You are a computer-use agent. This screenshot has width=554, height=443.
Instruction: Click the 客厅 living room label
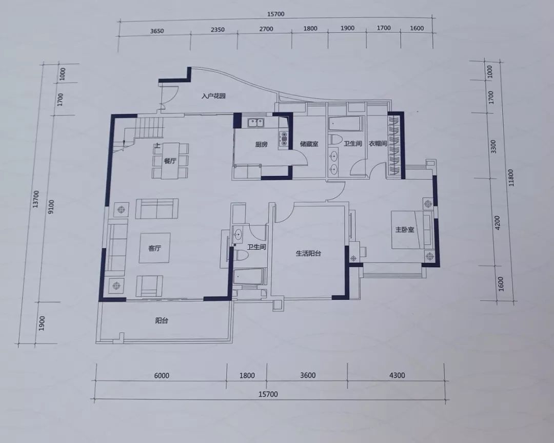[x=154, y=248]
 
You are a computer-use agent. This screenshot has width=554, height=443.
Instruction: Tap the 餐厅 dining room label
[x=170, y=161]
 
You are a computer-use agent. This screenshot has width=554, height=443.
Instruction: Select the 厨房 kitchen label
[x=261, y=144]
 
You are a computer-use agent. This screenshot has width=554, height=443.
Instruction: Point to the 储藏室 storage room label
[x=309, y=144]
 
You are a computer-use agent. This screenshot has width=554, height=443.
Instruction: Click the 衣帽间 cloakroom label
[x=378, y=144]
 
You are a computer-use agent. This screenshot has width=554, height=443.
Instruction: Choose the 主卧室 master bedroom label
[x=405, y=230]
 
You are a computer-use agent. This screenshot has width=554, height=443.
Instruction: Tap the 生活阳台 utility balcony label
[x=308, y=253]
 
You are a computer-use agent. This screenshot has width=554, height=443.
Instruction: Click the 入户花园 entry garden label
[x=213, y=96]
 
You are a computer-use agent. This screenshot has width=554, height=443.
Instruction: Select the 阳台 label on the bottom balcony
[x=162, y=321]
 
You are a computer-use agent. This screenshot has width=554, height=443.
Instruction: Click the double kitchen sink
[x=256, y=122]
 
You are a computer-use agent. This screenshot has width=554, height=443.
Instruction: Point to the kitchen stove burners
[x=283, y=139]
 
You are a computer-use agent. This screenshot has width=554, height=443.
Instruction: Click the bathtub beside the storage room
[x=345, y=123]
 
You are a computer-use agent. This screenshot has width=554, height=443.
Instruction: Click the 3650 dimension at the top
[x=157, y=31]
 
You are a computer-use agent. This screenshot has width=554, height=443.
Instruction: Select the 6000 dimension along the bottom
[x=162, y=375]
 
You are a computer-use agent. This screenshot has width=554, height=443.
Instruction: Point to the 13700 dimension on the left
[x=36, y=199]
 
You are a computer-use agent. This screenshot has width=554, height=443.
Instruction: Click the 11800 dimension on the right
[x=511, y=178]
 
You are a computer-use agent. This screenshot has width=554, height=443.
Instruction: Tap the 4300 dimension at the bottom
[x=397, y=375]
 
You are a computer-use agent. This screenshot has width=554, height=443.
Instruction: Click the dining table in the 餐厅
[x=170, y=161]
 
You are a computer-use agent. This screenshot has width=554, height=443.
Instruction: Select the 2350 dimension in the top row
[x=217, y=30]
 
